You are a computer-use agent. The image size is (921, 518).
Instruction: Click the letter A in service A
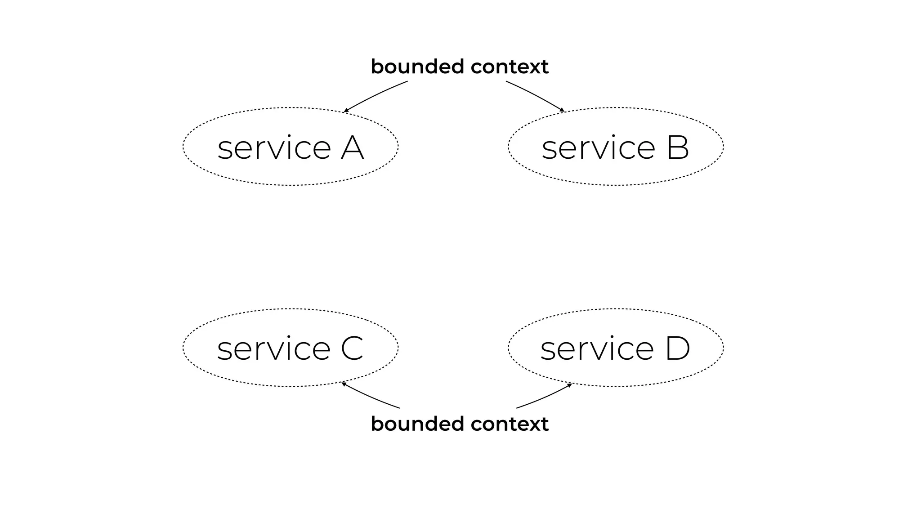click(352, 147)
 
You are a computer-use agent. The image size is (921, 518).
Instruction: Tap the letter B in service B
click(678, 147)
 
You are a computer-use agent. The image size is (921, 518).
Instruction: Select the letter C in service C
click(352, 348)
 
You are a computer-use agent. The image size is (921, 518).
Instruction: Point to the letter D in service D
click(677, 348)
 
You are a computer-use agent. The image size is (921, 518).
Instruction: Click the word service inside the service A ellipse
click(274, 148)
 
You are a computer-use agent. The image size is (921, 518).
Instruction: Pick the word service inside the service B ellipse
click(599, 148)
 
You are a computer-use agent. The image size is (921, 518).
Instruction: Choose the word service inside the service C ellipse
click(273, 349)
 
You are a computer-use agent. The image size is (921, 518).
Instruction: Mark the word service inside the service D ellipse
click(597, 349)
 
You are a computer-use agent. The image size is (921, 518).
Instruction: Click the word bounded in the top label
click(417, 67)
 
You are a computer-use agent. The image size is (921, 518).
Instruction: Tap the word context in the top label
click(510, 67)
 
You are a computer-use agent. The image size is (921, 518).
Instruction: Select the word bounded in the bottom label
click(417, 424)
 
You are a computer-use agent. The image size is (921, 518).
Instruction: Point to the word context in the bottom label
click(510, 424)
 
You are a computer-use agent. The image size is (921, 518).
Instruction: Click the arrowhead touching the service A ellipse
click(346, 110)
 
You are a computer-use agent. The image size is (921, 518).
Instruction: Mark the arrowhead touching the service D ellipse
click(569, 385)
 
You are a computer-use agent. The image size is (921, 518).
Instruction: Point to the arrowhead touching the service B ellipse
click(562, 110)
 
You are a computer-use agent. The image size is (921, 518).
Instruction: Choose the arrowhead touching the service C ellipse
click(344, 384)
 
